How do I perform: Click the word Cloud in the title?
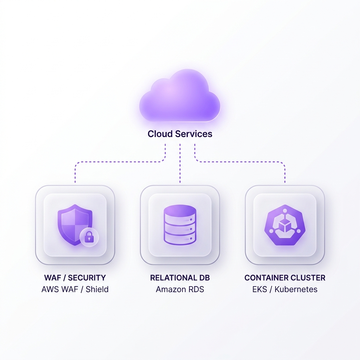[x=160, y=134]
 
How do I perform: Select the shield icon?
[x=75, y=225]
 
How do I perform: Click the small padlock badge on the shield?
[x=89, y=237]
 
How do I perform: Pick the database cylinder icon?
[x=180, y=225]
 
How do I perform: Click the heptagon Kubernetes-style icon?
[x=285, y=225]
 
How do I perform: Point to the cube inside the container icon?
[x=285, y=225]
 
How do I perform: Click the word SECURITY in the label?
[x=87, y=278]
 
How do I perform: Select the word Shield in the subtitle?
[x=97, y=289]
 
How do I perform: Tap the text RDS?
[x=196, y=289]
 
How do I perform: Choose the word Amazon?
[x=171, y=289]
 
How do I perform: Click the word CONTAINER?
[x=266, y=278]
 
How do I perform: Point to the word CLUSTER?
[x=308, y=278]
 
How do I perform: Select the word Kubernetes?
[x=296, y=289]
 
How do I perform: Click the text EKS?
[x=259, y=289]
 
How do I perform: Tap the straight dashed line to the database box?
[x=180, y=163]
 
